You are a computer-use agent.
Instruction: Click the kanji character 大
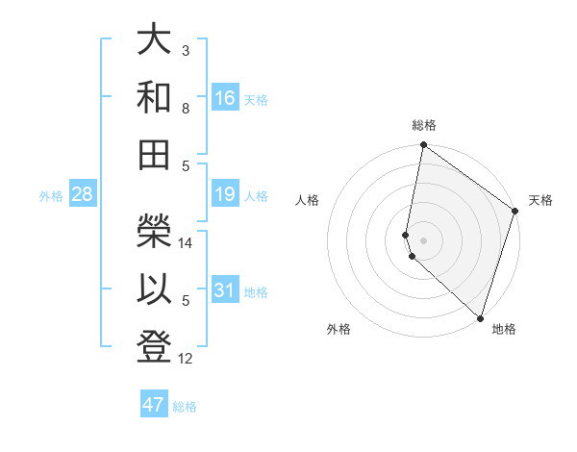point(154,41)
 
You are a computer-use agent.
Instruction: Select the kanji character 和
point(154,97)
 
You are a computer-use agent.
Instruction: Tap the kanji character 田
point(154,153)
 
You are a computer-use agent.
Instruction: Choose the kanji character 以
point(154,287)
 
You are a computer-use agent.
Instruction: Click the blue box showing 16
point(225,98)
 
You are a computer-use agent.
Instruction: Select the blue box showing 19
point(225,195)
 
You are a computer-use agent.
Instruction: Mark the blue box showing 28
point(83,195)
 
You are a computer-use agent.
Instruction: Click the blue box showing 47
point(154,405)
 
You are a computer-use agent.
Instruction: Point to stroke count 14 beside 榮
point(187,243)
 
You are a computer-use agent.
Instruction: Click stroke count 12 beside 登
point(187,359)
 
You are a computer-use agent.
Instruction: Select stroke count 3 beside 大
point(186,50)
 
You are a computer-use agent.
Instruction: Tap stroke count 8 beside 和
point(186,109)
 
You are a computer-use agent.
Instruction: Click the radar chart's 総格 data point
point(423,146)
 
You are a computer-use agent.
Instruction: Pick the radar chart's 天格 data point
point(515,213)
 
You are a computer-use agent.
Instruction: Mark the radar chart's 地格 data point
point(480,317)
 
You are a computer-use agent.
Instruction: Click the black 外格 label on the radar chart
point(339,330)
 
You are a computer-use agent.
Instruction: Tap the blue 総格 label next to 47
point(185,407)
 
